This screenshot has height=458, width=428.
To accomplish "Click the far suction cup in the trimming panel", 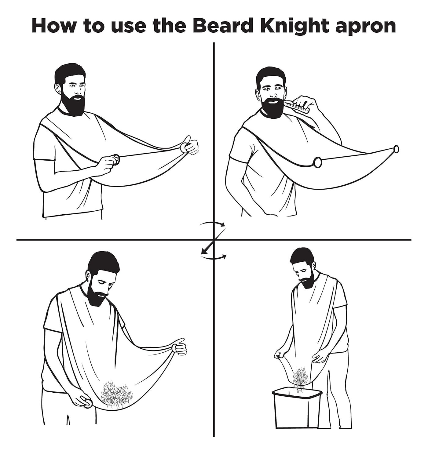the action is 396,149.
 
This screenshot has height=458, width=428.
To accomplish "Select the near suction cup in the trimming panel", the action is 318,162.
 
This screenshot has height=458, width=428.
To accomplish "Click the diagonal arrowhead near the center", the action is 204,250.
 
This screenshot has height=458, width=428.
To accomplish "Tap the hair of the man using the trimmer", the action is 271,77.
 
